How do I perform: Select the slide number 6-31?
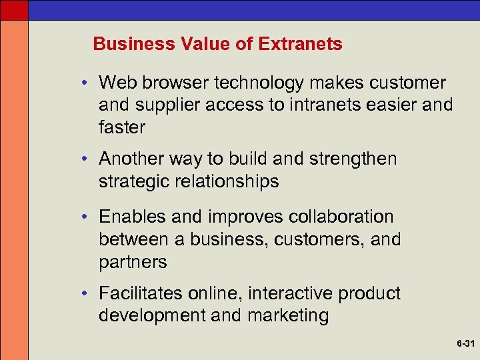(465, 344)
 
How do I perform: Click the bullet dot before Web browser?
(87, 83)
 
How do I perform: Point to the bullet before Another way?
(87, 159)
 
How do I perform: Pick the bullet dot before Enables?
(87, 217)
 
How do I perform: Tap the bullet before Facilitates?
(87, 293)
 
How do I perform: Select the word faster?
(122, 127)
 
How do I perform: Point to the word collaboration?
(341, 217)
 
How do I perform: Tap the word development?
(152, 315)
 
